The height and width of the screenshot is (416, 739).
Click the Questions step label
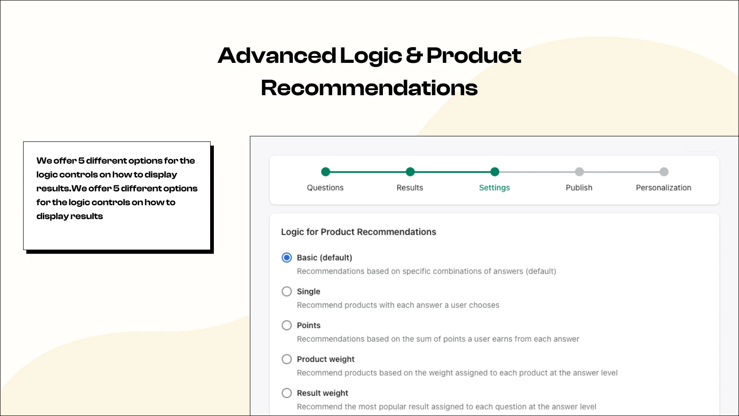[325, 188]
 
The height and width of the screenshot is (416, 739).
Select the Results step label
[410, 188]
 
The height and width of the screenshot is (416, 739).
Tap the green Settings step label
[494, 188]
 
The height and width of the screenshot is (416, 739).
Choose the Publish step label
[579, 188]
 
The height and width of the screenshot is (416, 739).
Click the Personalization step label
[663, 188]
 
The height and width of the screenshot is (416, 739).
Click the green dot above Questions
[326, 171]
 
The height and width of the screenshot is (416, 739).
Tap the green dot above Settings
[495, 171]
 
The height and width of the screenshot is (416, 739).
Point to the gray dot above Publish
[579, 171]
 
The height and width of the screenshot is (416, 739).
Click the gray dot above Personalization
[664, 171]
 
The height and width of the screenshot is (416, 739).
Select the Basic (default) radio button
[287, 257]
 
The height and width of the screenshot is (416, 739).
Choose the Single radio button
[287, 292]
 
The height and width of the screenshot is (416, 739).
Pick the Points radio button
[287, 325]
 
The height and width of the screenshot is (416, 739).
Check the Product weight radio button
[287, 359]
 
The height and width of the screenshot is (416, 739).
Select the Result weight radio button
[287, 393]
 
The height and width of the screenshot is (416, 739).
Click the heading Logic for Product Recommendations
[358, 232]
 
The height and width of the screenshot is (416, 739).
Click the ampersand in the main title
[414, 55]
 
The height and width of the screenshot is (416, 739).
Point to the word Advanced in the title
[277, 55]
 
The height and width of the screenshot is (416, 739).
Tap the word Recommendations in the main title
[369, 88]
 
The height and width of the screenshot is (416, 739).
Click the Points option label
[309, 325]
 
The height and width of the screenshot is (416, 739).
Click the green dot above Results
[410, 171]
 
